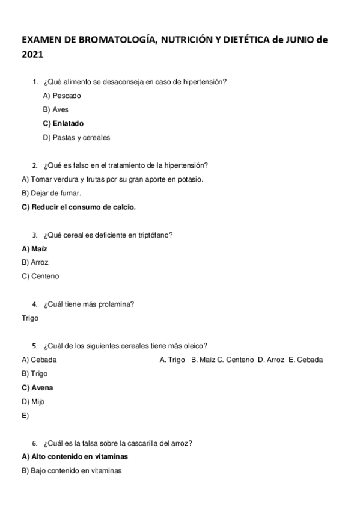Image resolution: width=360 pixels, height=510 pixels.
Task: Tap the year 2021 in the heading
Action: pos(32,55)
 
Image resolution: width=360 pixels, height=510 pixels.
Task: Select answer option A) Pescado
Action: pos(62,96)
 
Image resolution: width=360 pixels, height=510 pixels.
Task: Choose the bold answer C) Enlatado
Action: pos(63,123)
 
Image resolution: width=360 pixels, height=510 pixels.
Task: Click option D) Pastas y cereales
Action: pos(76,137)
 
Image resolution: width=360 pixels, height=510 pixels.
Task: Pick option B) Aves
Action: pos(56,109)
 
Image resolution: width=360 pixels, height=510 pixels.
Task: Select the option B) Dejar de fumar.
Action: pos(51,193)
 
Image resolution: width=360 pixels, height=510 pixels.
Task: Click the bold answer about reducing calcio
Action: pos(79,207)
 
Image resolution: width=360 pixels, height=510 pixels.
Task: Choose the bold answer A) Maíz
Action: pos(34,248)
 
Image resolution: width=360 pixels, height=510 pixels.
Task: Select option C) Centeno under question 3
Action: pos(40,276)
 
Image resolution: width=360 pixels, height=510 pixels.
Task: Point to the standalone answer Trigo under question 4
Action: pos(30,318)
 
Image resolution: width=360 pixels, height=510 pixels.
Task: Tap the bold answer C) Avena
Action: pos(37,387)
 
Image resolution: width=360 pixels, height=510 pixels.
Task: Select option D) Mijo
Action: pos(33,401)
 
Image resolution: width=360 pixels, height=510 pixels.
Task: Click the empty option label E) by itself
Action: pos(25,415)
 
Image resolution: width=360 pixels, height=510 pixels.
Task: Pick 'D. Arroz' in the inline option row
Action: pos(270,360)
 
